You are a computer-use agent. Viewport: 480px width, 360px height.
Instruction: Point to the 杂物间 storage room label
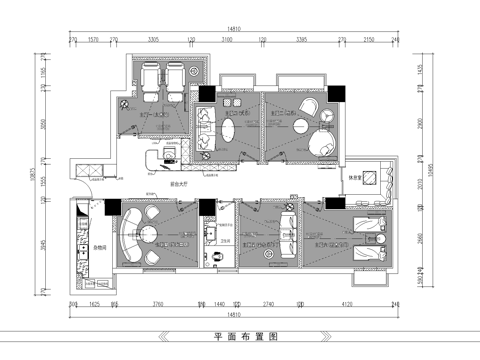point(99,246)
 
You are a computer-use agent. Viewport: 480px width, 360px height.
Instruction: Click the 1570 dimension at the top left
point(93,40)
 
